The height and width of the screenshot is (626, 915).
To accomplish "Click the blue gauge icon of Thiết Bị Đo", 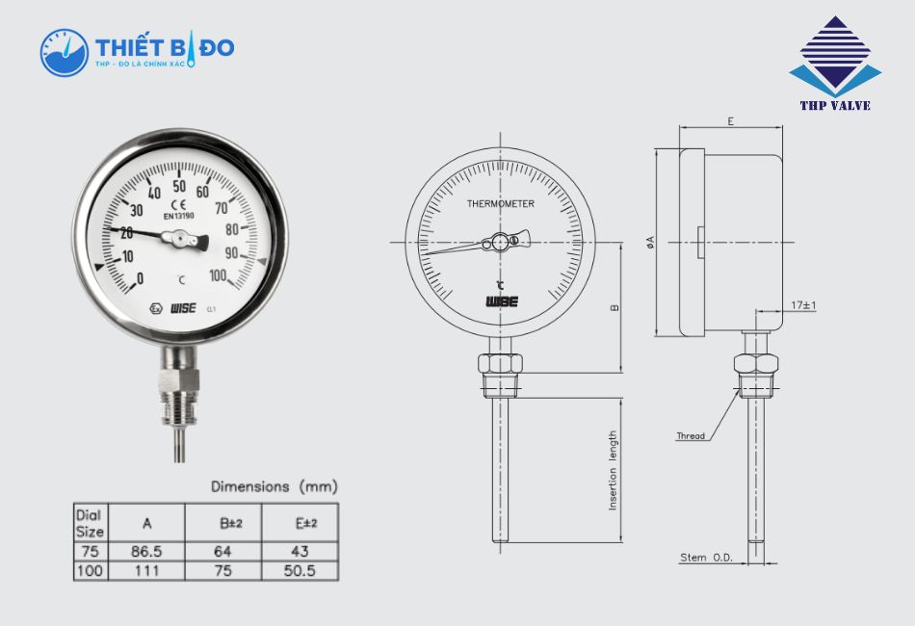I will pyautogui.click(x=64, y=52).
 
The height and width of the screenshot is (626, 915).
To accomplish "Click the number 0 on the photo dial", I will pyautogui.click(x=140, y=279).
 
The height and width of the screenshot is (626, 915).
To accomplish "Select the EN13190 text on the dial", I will pyautogui.click(x=179, y=216).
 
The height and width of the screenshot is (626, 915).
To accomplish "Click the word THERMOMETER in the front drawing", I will pyautogui.click(x=500, y=204).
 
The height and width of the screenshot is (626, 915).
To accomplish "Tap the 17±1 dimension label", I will pyautogui.click(x=802, y=305).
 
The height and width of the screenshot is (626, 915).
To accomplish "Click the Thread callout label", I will pyautogui.click(x=690, y=436).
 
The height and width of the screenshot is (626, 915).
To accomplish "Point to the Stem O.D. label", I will pyautogui.click(x=707, y=558).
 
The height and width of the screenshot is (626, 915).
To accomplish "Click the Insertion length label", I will pyautogui.click(x=614, y=470).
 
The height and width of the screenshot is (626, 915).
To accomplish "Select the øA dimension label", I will pyautogui.click(x=651, y=243).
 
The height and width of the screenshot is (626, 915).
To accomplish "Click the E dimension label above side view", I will pyautogui.click(x=731, y=121).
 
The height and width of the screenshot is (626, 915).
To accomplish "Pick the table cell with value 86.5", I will pyautogui.click(x=147, y=552).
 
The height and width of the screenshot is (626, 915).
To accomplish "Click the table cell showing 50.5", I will pyautogui.click(x=301, y=571).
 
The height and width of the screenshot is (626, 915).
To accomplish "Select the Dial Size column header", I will pyautogui.click(x=90, y=523).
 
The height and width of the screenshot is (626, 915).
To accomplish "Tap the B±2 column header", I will pyautogui.click(x=232, y=523).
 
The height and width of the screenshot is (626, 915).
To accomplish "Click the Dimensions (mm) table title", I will pyautogui.click(x=274, y=486).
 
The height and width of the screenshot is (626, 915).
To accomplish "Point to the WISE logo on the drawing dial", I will pyautogui.click(x=501, y=301).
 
